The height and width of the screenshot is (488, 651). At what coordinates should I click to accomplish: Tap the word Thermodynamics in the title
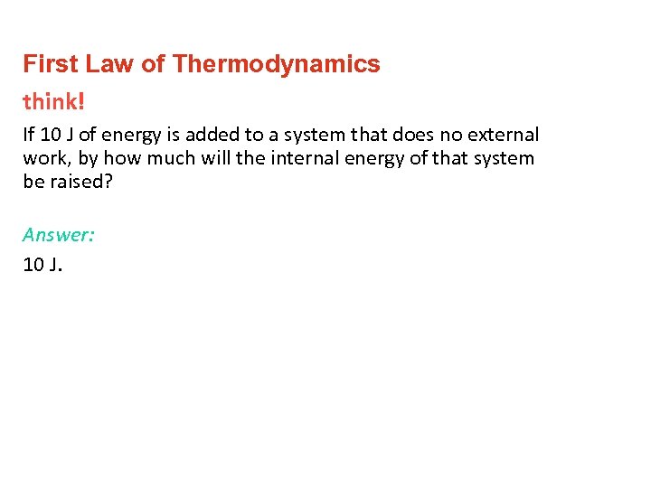tap(277, 64)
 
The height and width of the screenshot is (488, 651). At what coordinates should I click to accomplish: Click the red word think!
tap(54, 101)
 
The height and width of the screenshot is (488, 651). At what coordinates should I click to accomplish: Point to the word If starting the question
tap(29, 135)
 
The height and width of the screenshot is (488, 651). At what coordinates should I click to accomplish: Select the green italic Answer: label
tap(59, 235)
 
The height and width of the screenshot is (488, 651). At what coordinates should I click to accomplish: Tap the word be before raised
tap(33, 181)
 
